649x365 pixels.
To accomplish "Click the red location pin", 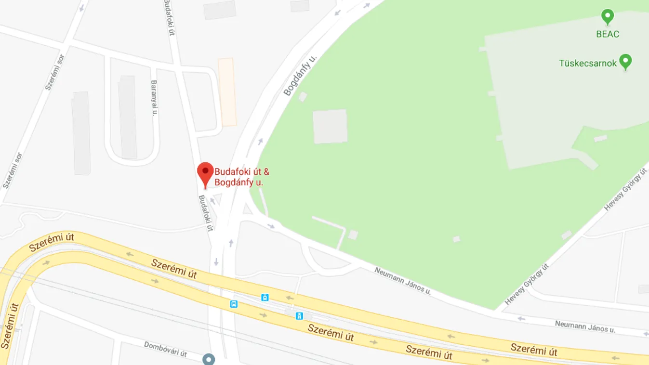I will pyautogui.click(x=205, y=173).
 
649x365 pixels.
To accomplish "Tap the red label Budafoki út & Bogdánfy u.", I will pyautogui.click(x=241, y=177).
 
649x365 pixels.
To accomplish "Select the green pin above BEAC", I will pyautogui.click(x=608, y=17).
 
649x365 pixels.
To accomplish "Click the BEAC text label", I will pyautogui.click(x=608, y=34).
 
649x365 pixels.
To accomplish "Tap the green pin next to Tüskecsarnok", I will pyautogui.click(x=625, y=62).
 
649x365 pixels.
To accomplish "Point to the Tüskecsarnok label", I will pyautogui.click(x=587, y=63).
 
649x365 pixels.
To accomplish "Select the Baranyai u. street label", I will pyautogui.click(x=155, y=98).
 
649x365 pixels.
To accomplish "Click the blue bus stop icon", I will pyautogui.click(x=234, y=304).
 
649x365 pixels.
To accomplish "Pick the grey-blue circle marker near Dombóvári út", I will pyautogui.click(x=209, y=359).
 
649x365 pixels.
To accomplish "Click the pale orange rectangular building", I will pyautogui.click(x=227, y=92).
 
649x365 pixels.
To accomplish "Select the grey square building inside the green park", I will pyautogui.click(x=330, y=126).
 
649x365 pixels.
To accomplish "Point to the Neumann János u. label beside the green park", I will pyautogui.click(x=402, y=280).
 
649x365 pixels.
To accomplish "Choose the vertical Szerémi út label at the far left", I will pyautogui.click(x=10, y=326).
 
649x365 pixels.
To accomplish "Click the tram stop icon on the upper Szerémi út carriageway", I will pyautogui.click(x=265, y=297).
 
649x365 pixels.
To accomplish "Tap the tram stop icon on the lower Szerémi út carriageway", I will pyautogui.click(x=299, y=316).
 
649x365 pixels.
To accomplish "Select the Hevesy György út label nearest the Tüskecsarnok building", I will pyautogui.click(x=625, y=189).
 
